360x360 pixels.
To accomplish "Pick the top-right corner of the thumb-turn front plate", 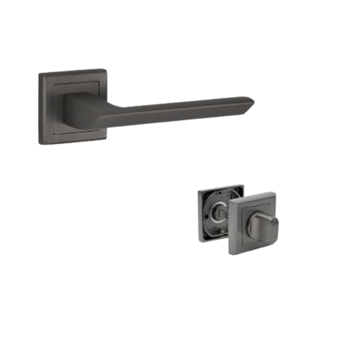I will click(x=276, y=190).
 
